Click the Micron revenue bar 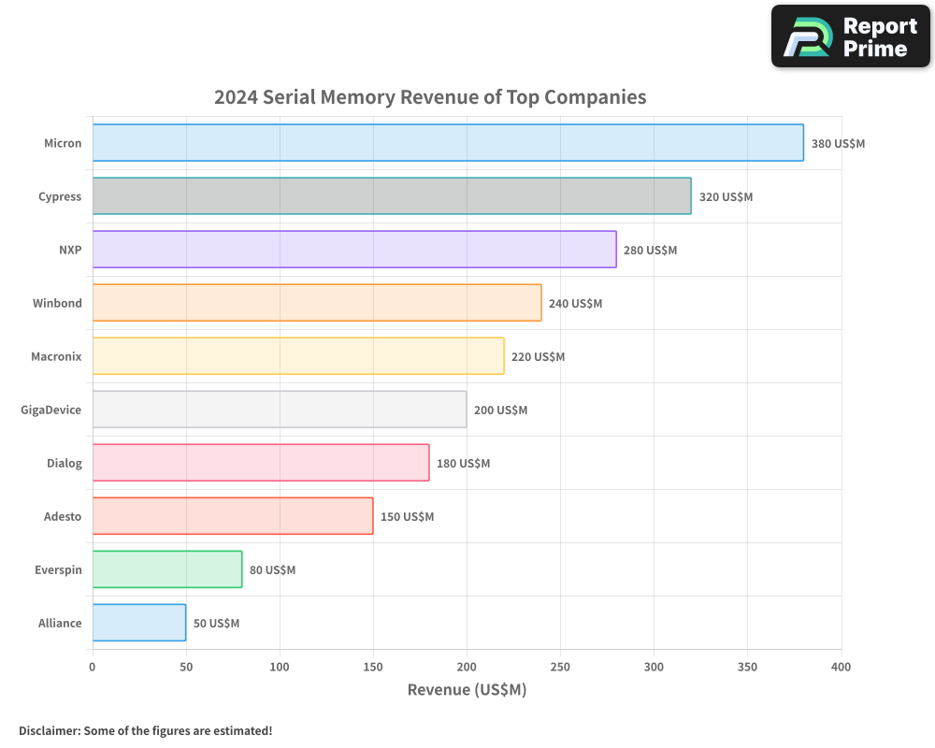(448, 143)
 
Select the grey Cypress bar (392, 196)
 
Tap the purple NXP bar (354, 250)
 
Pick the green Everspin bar (167, 569)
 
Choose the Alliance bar (139, 623)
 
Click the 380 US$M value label (838, 144)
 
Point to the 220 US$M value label (538, 357)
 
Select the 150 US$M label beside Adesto (407, 517)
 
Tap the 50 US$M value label (216, 624)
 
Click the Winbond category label (57, 303)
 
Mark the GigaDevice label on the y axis (51, 410)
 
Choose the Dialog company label (65, 463)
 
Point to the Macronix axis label (56, 356)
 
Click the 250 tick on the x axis (560, 667)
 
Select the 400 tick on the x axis (841, 667)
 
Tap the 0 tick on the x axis (93, 667)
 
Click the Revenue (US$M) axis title (467, 690)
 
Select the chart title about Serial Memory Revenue (430, 96)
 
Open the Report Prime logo (850, 36)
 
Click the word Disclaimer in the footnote (48, 730)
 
